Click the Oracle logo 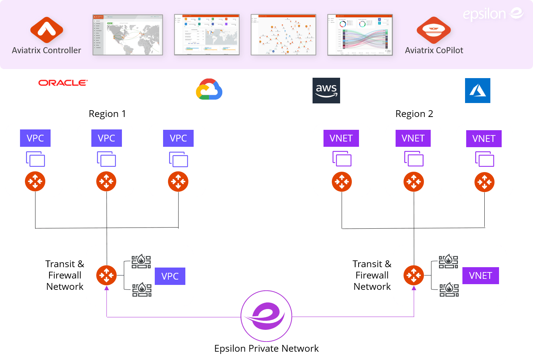pyautogui.click(x=63, y=83)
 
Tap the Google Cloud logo pyautogui.click(x=209, y=89)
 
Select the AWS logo pyautogui.click(x=326, y=91)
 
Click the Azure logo pyautogui.click(x=478, y=91)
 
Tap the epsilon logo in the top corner pyautogui.click(x=493, y=14)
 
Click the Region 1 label pyautogui.click(x=107, y=114)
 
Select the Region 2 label pyautogui.click(x=414, y=114)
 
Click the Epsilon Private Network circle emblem pyautogui.click(x=266, y=316)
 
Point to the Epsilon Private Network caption pyautogui.click(x=266, y=348)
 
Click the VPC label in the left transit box pyautogui.click(x=170, y=276)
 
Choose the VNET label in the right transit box pyautogui.click(x=481, y=275)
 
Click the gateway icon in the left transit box pyautogui.click(x=106, y=275)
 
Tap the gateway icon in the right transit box pyautogui.click(x=414, y=275)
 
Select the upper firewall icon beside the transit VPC pyautogui.click(x=141, y=262)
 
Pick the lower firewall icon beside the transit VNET pyautogui.click(x=449, y=290)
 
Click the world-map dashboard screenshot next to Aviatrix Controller pyautogui.click(x=128, y=35)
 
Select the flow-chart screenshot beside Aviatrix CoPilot pyautogui.click(x=360, y=35)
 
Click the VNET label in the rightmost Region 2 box pyautogui.click(x=484, y=138)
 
